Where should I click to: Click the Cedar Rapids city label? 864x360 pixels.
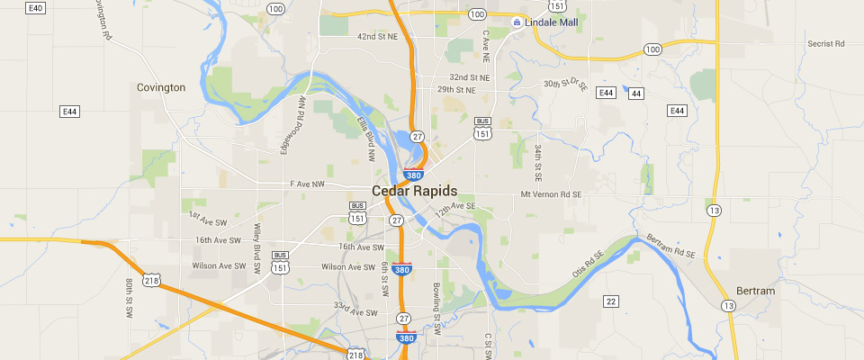pos(414,191)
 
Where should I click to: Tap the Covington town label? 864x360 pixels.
pos(161,87)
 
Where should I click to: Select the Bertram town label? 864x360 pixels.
pos(754,292)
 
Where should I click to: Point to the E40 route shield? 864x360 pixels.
pos(36,7)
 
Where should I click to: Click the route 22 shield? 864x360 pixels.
pos(611,301)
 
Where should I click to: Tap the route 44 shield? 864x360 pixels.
pos(636,93)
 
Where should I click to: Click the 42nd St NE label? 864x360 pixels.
pos(378,37)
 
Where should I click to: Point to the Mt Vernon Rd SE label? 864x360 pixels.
pos(553,193)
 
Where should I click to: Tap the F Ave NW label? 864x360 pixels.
pos(306,184)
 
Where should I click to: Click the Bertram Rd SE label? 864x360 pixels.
pos(671,247)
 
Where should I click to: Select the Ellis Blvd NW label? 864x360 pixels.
pos(365,139)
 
